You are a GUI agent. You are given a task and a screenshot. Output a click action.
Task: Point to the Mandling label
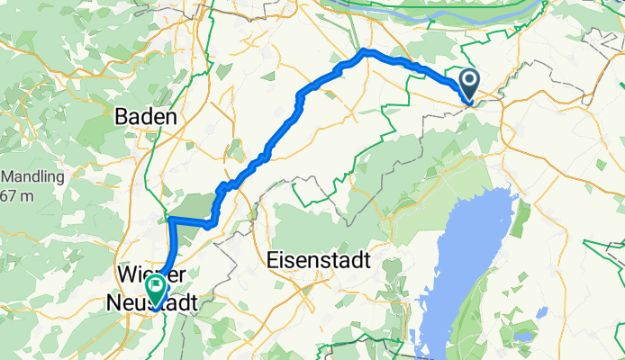coord(33,176)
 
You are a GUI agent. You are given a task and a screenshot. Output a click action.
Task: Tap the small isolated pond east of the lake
coord(541,313)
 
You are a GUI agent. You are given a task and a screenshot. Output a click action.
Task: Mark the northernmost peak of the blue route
coord(365,51)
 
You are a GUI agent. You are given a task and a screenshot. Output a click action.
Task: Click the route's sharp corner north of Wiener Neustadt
coord(169,219)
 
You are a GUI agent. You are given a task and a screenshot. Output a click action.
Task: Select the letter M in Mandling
coord(8,176)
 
